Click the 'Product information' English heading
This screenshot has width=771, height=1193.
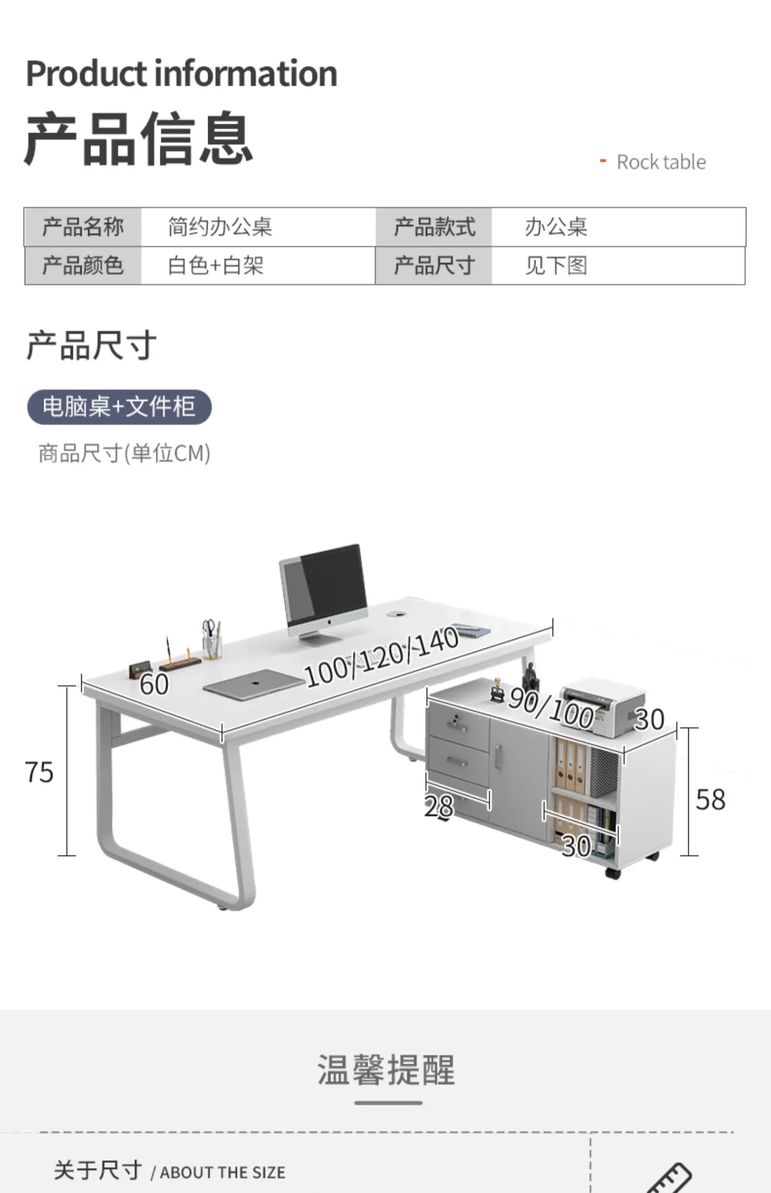[181, 73]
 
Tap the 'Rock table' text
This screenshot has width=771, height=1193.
[660, 162]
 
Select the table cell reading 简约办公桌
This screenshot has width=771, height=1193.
[220, 227]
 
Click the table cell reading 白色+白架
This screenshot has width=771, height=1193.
[216, 266]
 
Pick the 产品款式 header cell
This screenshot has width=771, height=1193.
[434, 227]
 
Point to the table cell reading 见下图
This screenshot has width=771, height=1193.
[556, 266]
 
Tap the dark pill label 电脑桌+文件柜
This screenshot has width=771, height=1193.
[119, 407]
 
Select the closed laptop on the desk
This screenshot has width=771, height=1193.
[253, 684]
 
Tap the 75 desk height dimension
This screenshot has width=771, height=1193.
[39, 772]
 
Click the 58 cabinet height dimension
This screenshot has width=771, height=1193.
[710, 799]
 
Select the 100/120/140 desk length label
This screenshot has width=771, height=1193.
[381, 657]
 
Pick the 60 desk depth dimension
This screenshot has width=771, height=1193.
[154, 684]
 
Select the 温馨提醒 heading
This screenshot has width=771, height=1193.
[386, 1070]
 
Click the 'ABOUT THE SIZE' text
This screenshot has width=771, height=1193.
[223, 1172]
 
